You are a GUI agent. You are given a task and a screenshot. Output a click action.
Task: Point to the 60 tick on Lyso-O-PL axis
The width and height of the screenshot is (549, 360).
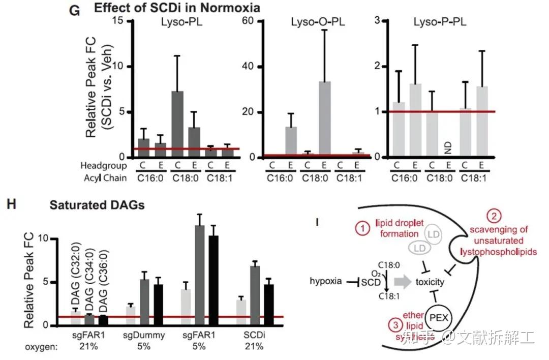pos(250,21)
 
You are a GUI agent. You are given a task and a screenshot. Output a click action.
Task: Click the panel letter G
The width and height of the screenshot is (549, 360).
pos(74,10)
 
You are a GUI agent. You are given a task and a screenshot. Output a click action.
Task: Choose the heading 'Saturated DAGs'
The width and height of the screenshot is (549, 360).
pos(97,205)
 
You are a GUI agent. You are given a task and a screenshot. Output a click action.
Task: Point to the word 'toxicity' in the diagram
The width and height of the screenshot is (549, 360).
pos(430,282)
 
